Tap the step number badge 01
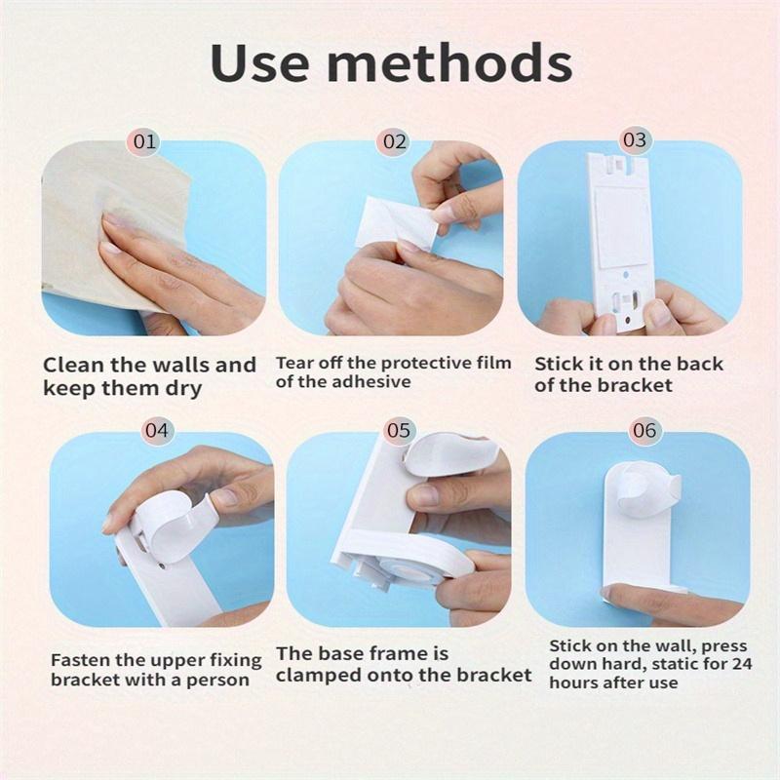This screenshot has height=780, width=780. [145, 141]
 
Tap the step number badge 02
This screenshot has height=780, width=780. [394, 141]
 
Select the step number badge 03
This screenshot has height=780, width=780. [634, 140]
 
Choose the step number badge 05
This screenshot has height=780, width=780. [398, 429]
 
